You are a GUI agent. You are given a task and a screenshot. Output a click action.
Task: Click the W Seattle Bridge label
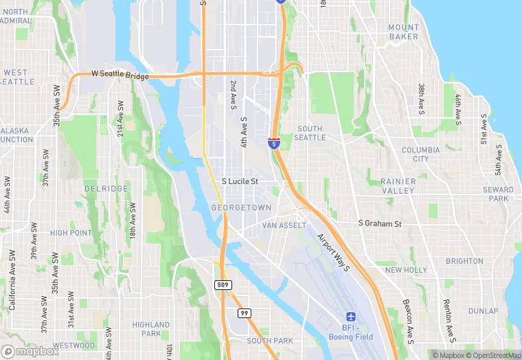[x=120, y=76]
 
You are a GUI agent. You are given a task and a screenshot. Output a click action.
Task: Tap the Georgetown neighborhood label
[x=241, y=207]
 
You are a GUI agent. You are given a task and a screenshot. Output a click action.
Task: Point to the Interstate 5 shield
[x=274, y=143]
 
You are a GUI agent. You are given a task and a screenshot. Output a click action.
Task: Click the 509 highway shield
[x=223, y=284]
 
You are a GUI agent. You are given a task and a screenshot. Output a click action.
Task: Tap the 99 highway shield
[x=244, y=313]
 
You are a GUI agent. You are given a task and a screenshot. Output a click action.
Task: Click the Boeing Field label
[x=356, y=336]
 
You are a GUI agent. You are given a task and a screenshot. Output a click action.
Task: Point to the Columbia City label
[x=416, y=154]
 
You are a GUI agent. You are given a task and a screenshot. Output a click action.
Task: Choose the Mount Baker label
[x=403, y=32]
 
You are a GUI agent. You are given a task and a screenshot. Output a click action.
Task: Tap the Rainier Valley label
[x=398, y=185]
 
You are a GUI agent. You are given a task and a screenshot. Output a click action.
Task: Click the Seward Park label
[x=498, y=194]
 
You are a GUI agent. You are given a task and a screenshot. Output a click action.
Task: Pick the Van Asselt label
[x=284, y=225]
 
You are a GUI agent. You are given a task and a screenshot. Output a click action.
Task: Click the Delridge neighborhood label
[x=106, y=188]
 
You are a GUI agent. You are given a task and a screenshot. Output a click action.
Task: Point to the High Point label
[x=71, y=233]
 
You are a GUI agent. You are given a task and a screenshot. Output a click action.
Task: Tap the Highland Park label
[x=150, y=329]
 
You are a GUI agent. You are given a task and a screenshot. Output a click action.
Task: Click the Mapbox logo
[x=30, y=351]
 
